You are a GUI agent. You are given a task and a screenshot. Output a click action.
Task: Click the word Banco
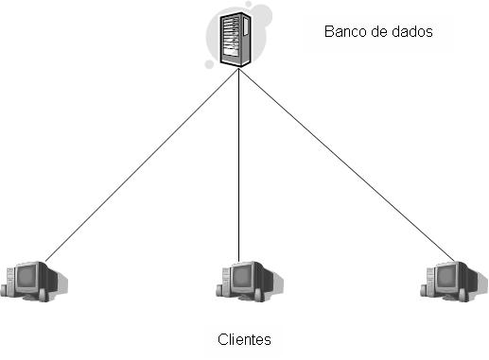coord(342,31)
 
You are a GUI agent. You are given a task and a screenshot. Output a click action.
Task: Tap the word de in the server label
coord(376,31)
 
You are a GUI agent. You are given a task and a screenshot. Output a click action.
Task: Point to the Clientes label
coord(244,339)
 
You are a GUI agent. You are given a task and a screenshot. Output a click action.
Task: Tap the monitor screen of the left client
coord(29,278)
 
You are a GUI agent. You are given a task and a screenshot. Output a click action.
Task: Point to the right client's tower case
coord(430,281)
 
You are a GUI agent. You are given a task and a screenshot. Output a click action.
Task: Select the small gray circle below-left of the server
coord(212,63)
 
